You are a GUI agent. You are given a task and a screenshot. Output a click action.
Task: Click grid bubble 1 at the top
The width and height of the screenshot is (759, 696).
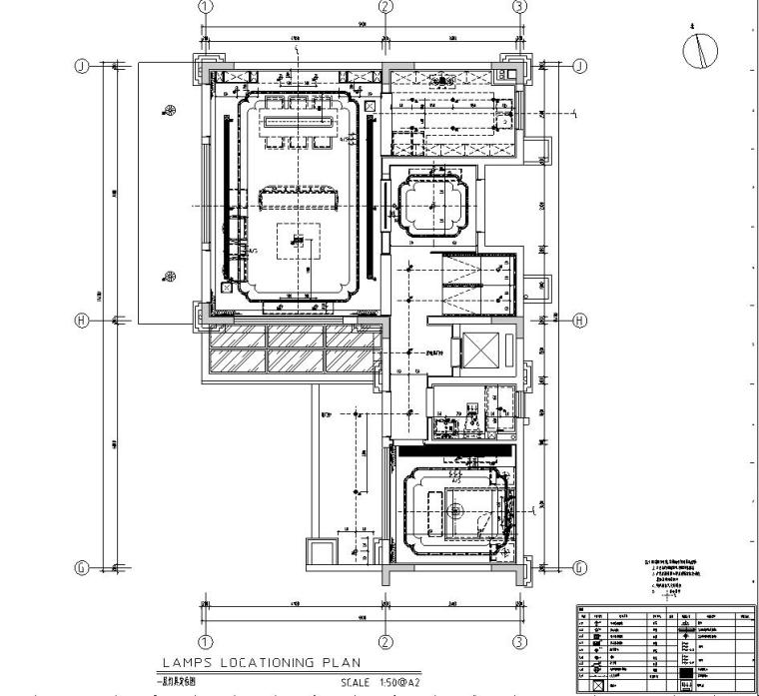tap(206, 6)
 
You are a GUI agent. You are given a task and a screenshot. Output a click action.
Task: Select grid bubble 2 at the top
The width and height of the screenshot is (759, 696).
tap(386, 6)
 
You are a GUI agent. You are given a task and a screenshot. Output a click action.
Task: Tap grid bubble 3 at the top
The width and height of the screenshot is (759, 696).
tap(519, 6)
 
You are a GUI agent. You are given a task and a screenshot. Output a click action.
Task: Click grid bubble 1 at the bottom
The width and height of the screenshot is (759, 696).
tap(206, 642)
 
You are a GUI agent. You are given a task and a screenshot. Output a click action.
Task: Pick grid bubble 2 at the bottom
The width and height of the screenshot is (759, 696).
tap(386, 642)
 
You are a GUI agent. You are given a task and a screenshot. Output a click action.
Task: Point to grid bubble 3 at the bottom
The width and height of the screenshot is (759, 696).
tap(519, 642)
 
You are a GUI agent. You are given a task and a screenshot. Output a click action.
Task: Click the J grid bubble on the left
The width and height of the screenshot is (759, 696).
tap(83, 66)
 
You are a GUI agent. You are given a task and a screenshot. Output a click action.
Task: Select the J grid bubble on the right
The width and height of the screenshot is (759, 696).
tap(579, 66)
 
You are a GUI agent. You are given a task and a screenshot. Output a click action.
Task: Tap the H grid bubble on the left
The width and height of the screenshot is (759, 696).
tap(83, 321)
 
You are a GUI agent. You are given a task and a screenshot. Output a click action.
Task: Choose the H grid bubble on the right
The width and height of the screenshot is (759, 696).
tap(579, 321)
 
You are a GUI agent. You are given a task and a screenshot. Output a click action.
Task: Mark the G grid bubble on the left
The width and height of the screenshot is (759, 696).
tap(83, 567)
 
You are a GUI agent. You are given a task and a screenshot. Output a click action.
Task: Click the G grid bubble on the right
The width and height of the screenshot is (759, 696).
tap(579, 567)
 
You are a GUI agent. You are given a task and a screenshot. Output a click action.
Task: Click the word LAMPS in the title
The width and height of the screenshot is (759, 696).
tap(186, 662)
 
